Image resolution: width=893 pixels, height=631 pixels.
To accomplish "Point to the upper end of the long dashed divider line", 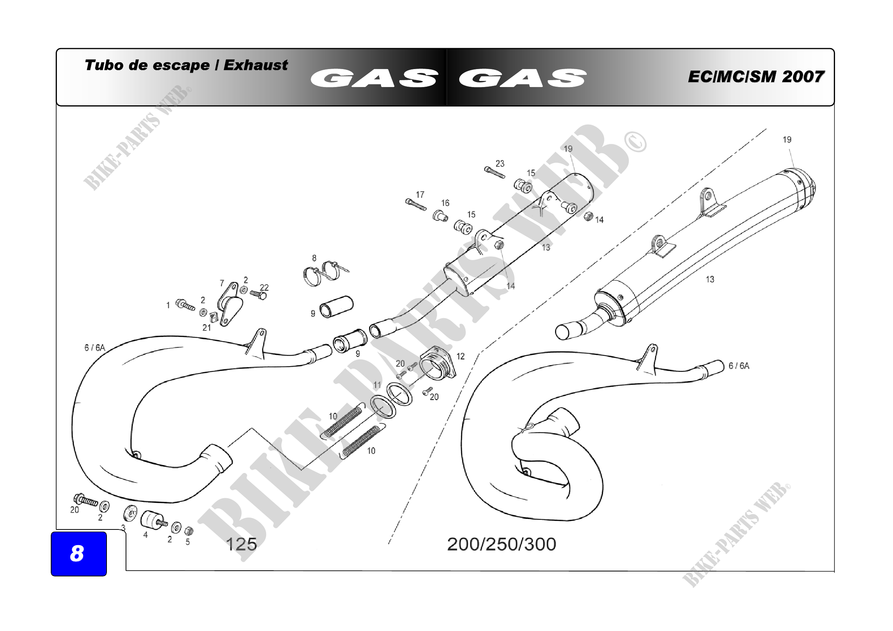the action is (x=767, y=129).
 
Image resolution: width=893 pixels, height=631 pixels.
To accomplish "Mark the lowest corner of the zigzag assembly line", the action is (x=302, y=470).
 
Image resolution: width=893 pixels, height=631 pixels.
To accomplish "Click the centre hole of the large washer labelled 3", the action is (x=131, y=514).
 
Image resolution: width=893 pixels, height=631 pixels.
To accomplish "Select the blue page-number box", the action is (x=79, y=554).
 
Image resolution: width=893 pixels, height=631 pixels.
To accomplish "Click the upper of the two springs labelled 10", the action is (x=345, y=420).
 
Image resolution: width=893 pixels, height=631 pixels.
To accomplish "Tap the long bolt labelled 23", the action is (x=494, y=173).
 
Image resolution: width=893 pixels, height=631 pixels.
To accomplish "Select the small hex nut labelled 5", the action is (x=189, y=531).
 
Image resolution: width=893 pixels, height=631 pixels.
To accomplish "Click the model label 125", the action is (x=241, y=544).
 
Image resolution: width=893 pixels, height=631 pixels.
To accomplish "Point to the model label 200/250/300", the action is (x=501, y=544).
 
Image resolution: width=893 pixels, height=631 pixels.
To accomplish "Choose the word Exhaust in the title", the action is (x=255, y=65).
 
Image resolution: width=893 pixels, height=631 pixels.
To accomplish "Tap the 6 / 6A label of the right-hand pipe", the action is (x=739, y=366).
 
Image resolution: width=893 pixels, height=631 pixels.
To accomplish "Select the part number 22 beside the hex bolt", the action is (x=264, y=287).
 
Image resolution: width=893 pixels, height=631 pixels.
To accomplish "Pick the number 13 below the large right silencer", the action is (x=710, y=279).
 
